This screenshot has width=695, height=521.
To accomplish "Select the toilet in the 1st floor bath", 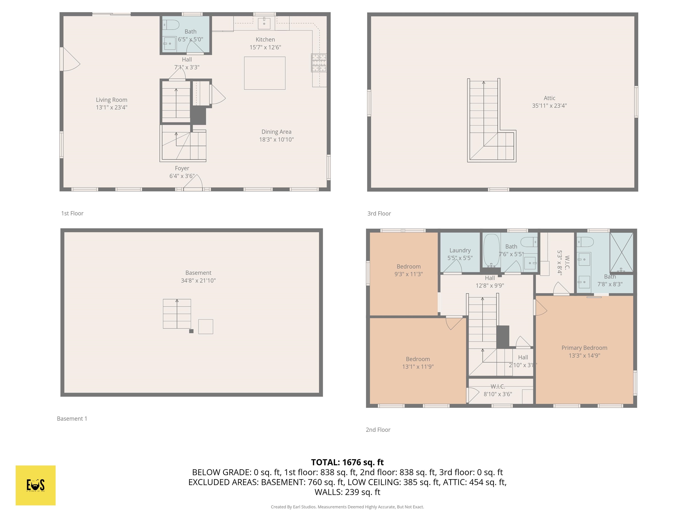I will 171,24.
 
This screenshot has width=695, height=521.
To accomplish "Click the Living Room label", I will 112,100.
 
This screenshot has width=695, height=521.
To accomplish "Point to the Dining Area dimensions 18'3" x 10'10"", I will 276,140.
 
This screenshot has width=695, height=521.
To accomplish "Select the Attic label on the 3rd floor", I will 549,98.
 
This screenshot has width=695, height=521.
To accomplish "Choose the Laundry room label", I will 460,250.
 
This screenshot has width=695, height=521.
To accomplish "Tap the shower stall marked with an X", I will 621,252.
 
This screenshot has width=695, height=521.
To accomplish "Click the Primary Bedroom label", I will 584,348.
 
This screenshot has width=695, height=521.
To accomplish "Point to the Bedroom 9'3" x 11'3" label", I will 408,270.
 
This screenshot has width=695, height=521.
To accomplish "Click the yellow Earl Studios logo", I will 36,485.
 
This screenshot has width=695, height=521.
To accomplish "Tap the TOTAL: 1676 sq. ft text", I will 347,462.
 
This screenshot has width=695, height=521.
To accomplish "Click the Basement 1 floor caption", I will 72,419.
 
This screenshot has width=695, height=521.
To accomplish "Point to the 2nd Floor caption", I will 378,430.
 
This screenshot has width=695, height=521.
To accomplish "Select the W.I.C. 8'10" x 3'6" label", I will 498,390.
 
